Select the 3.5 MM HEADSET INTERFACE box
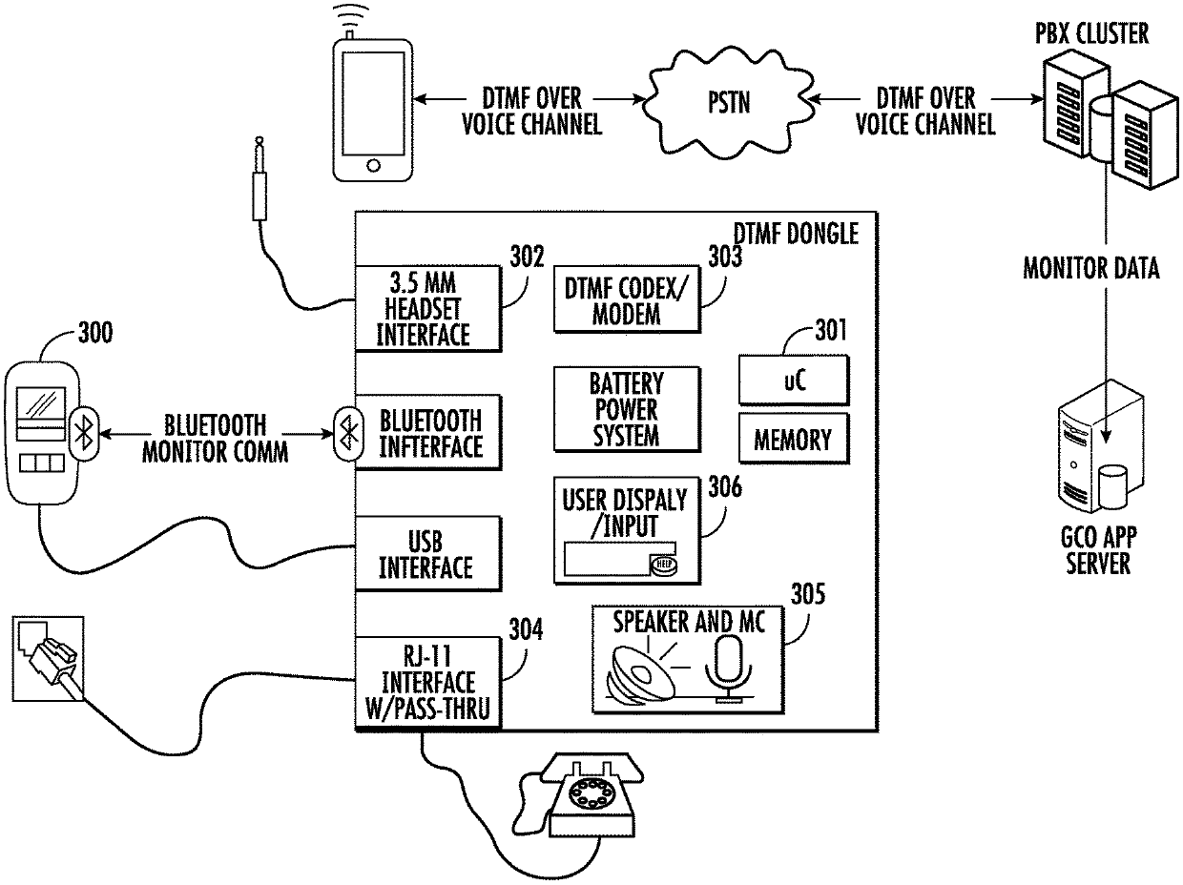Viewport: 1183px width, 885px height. tap(426, 307)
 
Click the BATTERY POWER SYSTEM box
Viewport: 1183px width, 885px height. tap(625, 410)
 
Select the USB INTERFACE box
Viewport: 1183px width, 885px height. tap(426, 553)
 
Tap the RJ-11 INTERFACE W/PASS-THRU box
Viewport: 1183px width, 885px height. tap(426, 683)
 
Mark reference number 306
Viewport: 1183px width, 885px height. tap(724, 486)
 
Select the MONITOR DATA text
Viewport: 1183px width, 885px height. tap(1091, 268)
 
